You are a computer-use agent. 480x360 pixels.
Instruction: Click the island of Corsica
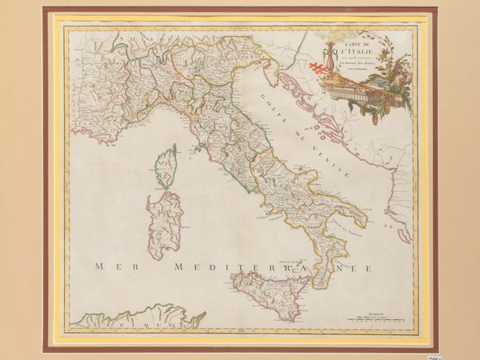click(x=166, y=166)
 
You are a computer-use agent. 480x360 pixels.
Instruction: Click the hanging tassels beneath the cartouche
click(x=368, y=108)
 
